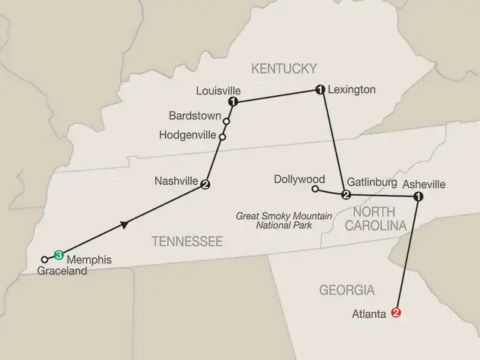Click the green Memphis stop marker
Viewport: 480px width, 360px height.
58,254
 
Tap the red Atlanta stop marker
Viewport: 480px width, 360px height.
397,315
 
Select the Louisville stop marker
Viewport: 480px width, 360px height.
233,102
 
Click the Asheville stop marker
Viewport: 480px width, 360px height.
418,196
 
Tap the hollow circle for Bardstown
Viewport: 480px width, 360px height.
226,121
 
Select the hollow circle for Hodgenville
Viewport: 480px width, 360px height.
222,136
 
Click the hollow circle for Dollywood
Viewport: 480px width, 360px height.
315,189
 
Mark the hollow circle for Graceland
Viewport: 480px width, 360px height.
45,259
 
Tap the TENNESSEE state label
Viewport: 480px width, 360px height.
187,241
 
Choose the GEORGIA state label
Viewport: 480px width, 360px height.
346,289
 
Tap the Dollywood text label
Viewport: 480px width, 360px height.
299,179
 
